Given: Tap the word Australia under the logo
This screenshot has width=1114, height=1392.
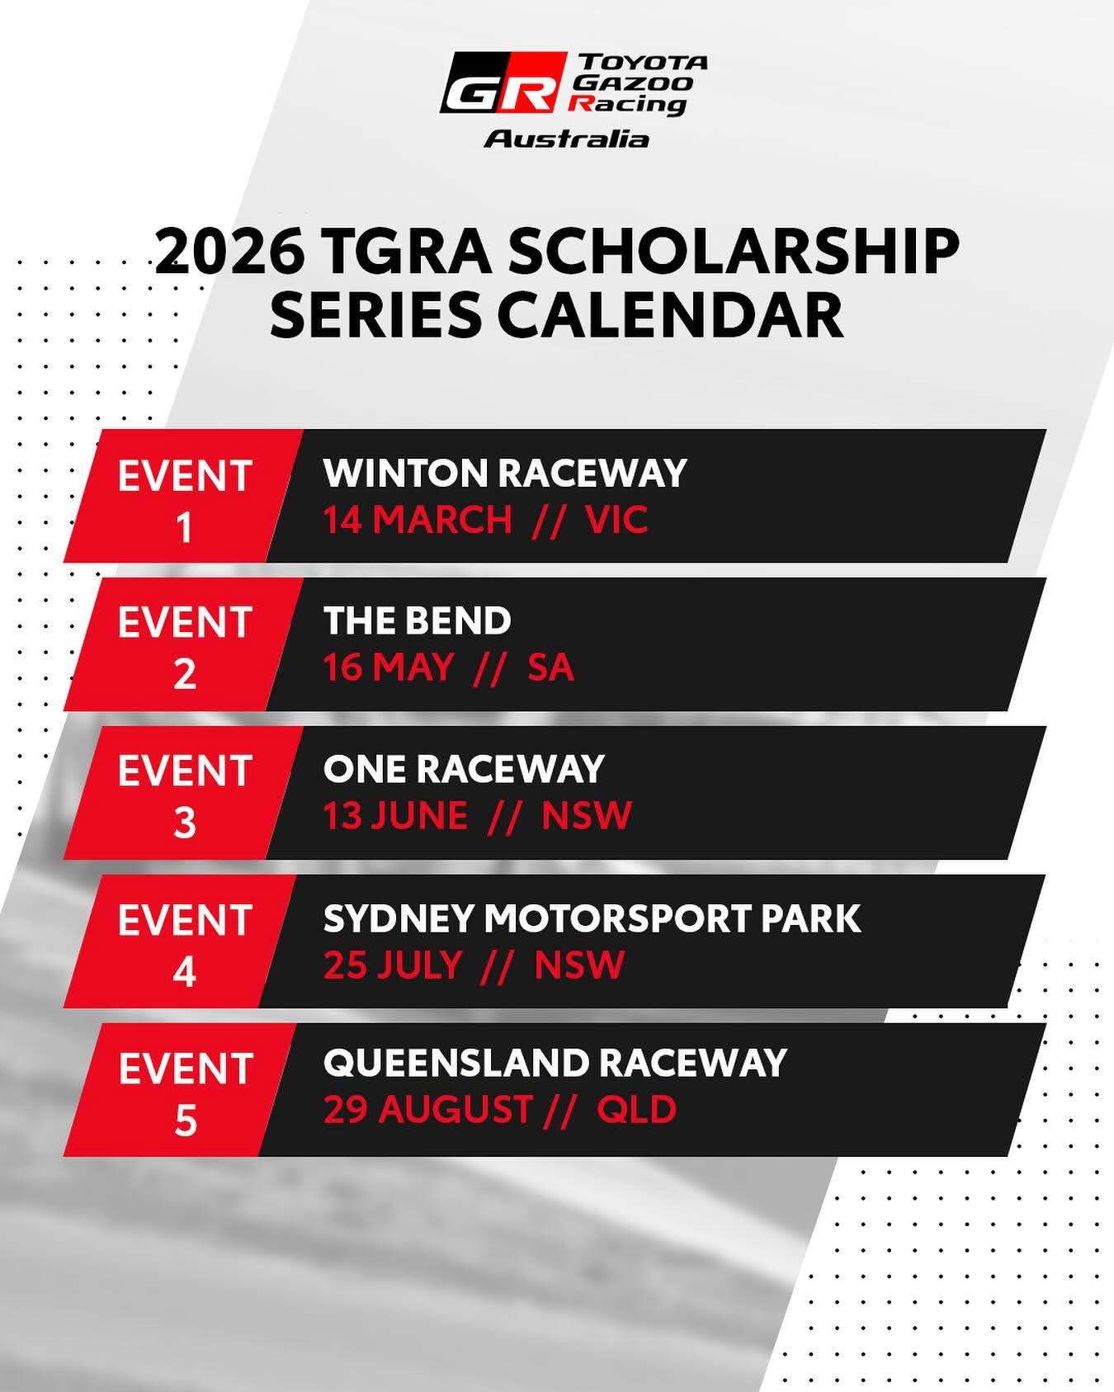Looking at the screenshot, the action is [x=566, y=138].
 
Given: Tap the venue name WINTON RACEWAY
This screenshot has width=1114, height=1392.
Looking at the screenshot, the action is [x=505, y=474].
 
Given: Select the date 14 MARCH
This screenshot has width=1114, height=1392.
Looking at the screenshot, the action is [x=417, y=521].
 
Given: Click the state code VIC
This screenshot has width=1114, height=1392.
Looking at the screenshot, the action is [x=616, y=521].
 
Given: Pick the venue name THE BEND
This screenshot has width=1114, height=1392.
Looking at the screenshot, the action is [x=418, y=621].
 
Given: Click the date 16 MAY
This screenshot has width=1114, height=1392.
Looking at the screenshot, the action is [x=388, y=668].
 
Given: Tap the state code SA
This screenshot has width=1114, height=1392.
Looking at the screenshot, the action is [x=550, y=668].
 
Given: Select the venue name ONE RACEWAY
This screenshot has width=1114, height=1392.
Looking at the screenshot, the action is [x=464, y=769].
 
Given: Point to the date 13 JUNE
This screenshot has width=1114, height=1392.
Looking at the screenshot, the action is [x=395, y=816].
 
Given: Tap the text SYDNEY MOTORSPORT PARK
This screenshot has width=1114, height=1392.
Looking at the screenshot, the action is [x=592, y=918].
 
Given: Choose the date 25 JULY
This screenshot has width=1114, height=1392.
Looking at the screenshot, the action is [x=392, y=965].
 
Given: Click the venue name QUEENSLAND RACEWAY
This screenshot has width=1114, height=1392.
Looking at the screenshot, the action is [x=555, y=1063].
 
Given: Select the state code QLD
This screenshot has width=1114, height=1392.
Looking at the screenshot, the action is [x=636, y=1109].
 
